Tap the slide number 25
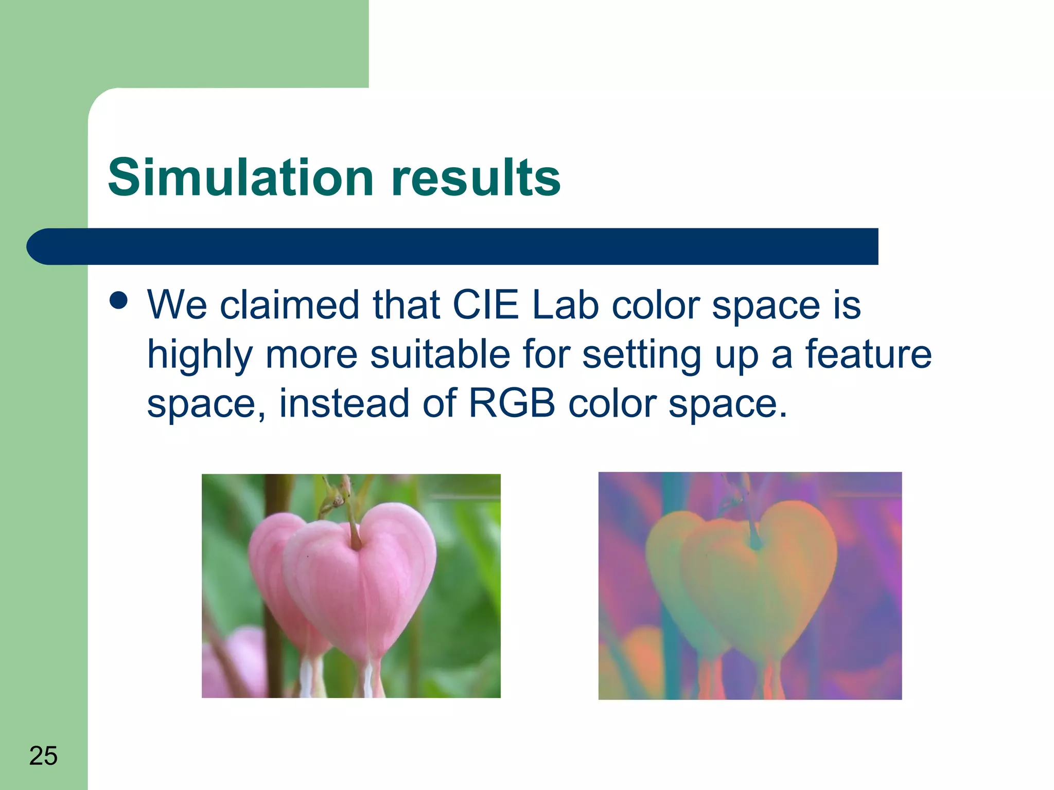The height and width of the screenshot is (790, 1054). click(x=43, y=756)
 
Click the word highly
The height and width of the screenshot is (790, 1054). click(x=200, y=355)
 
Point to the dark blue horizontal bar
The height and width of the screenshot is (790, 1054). click(x=453, y=246)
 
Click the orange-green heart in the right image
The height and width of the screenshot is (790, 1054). click(x=757, y=581)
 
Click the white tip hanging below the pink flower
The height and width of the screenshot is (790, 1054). click(x=369, y=679)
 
